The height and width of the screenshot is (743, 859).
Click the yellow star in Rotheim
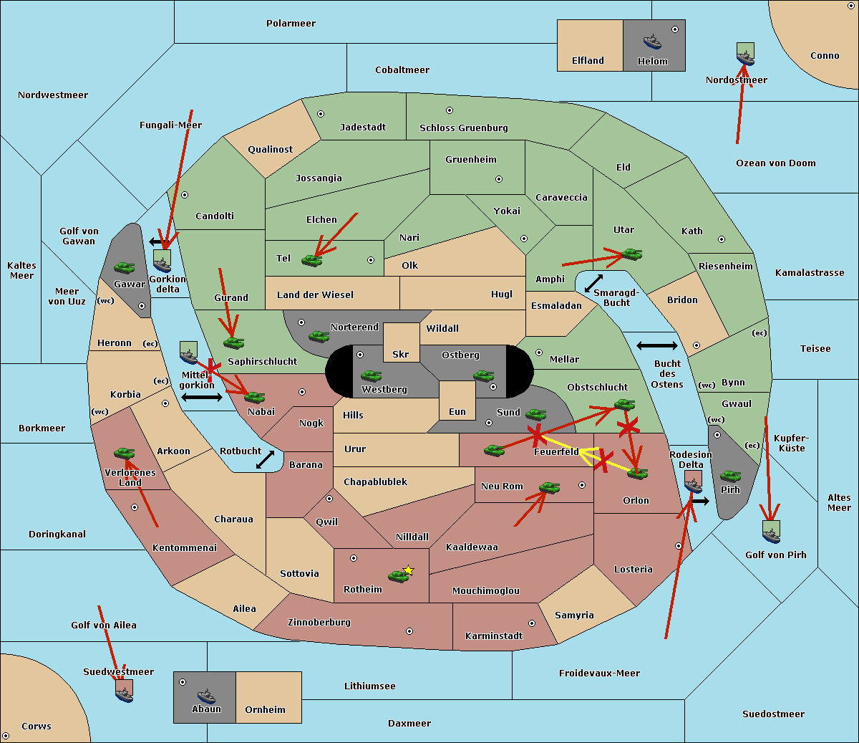tap(409, 570)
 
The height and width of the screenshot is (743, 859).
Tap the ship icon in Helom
tap(652, 42)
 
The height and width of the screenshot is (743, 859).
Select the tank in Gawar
tap(125, 267)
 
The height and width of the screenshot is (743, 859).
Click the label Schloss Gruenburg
tap(463, 128)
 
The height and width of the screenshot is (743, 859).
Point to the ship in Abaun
tap(207, 696)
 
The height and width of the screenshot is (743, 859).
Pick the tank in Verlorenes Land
tap(125, 453)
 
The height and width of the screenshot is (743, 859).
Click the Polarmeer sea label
tap(291, 24)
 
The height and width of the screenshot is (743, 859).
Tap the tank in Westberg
tap(371, 375)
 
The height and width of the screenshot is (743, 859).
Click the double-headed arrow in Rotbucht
tap(265, 460)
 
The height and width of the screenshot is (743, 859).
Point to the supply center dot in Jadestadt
tap(321, 114)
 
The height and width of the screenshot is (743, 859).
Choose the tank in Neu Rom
tap(549, 487)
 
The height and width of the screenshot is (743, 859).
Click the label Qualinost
tap(270, 149)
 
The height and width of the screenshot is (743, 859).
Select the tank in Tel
tap(311, 260)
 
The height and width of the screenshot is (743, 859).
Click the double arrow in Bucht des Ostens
tap(657, 345)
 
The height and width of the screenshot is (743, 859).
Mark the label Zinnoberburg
tap(319, 622)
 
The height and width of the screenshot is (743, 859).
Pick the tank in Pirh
tap(730, 476)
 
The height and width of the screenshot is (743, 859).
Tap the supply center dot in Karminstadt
tap(532, 623)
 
